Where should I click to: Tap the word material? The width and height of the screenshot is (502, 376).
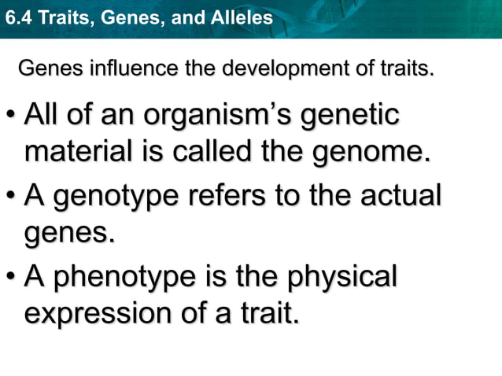[x=75, y=151]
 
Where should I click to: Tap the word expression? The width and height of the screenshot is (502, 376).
[x=94, y=313]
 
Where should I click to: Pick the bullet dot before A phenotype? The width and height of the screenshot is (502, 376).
[x=11, y=277]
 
